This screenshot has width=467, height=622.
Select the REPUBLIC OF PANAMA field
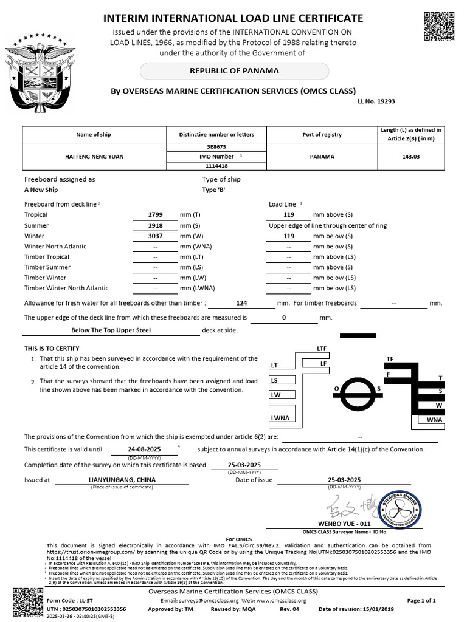(x=234, y=71)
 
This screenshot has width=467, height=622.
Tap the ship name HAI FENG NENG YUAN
(x=94, y=157)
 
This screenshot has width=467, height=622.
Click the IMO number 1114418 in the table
(x=217, y=166)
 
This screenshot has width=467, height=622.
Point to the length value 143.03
(x=412, y=157)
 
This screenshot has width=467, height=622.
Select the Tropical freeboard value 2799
(x=156, y=215)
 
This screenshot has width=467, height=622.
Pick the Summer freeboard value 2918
(x=156, y=225)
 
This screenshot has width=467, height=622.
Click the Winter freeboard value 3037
(x=156, y=236)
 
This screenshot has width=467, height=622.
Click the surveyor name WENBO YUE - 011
(x=344, y=523)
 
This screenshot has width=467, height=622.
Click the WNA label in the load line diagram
(x=434, y=419)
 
